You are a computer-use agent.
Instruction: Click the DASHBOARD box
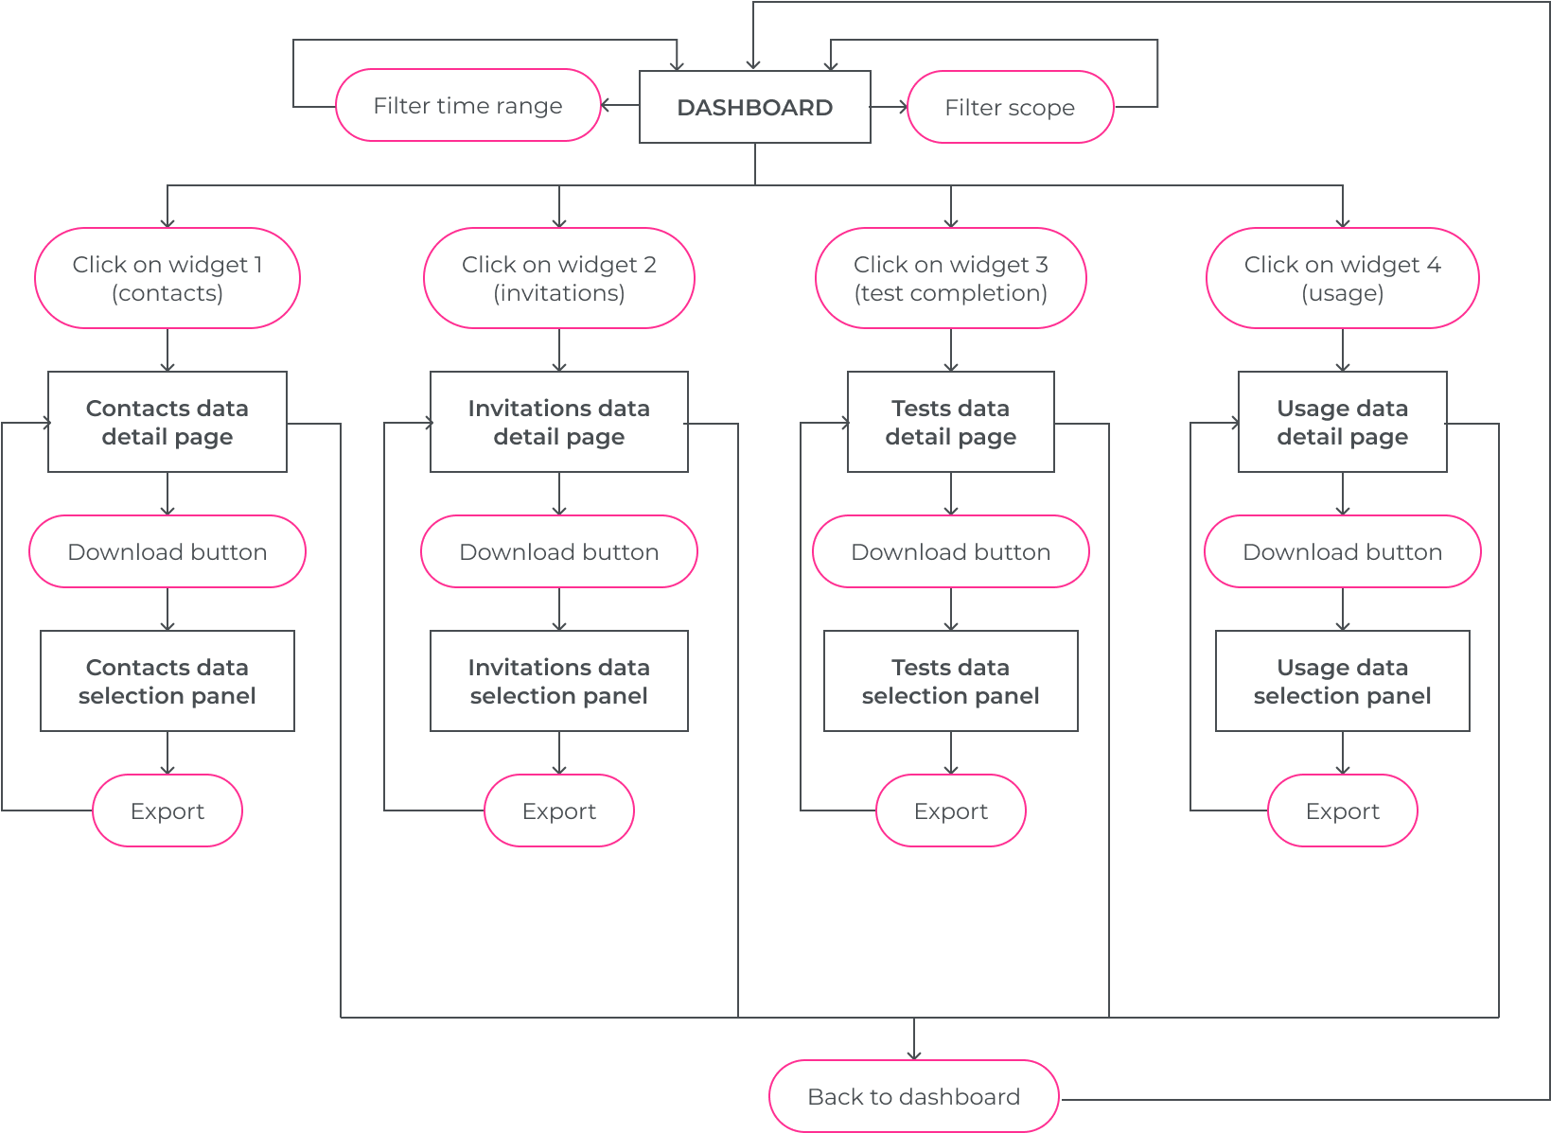click(755, 107)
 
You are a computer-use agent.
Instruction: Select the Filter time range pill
click(468, 105)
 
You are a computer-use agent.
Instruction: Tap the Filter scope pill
click(1011, 107)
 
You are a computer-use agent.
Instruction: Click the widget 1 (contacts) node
click(167, 278)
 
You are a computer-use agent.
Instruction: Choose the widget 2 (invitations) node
click(559, 278)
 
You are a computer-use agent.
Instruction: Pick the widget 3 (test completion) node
click(951, 278)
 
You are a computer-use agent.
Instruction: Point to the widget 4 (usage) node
click(1343, 278)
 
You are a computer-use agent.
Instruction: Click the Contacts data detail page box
click(167, 422)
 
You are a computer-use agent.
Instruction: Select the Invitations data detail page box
click(559, 422)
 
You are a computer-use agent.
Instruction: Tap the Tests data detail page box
click(951, 422)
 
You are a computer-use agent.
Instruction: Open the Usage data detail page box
click(1343, 422)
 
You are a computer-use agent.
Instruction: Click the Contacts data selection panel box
click(167, 681)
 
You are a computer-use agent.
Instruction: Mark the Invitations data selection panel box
click(559, 681)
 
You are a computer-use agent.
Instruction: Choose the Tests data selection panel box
click(951, 681)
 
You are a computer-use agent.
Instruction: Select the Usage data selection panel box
click(1343, 681)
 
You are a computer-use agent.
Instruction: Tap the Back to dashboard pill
click(914, 1096)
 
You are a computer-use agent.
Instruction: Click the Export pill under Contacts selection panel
click(167, 811)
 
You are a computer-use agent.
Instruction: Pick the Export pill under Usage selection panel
click(1343, 811)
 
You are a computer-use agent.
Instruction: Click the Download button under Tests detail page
click(951, 551)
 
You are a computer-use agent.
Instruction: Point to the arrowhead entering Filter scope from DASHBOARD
click(904, 107)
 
